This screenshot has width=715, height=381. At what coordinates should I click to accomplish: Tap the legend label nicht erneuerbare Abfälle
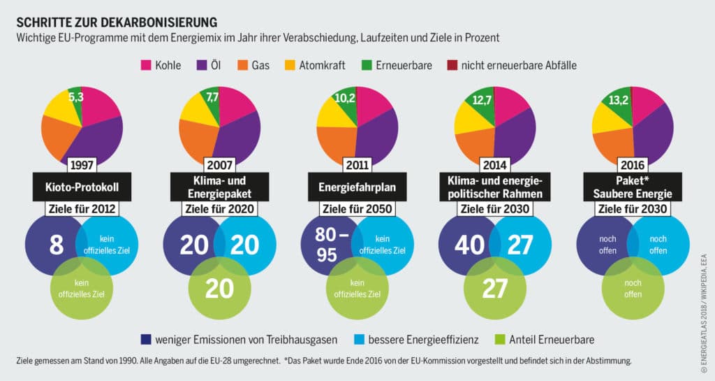pyautogui.click(x=519, y=65)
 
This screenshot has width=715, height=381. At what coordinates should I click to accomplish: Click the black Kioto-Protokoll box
pyautogui.click(x=82, y=187)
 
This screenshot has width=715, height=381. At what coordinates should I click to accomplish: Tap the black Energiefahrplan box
pyautogui.click(x=356, y=187)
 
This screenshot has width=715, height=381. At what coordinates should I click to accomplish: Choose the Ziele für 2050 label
pyautogui.click(x=356, y=208)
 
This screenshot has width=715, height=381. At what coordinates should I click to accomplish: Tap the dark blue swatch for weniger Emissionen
pyautogui.click(x=147, y=340)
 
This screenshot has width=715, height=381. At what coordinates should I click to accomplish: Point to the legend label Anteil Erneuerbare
pyautogui.click(x=552, y=340)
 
